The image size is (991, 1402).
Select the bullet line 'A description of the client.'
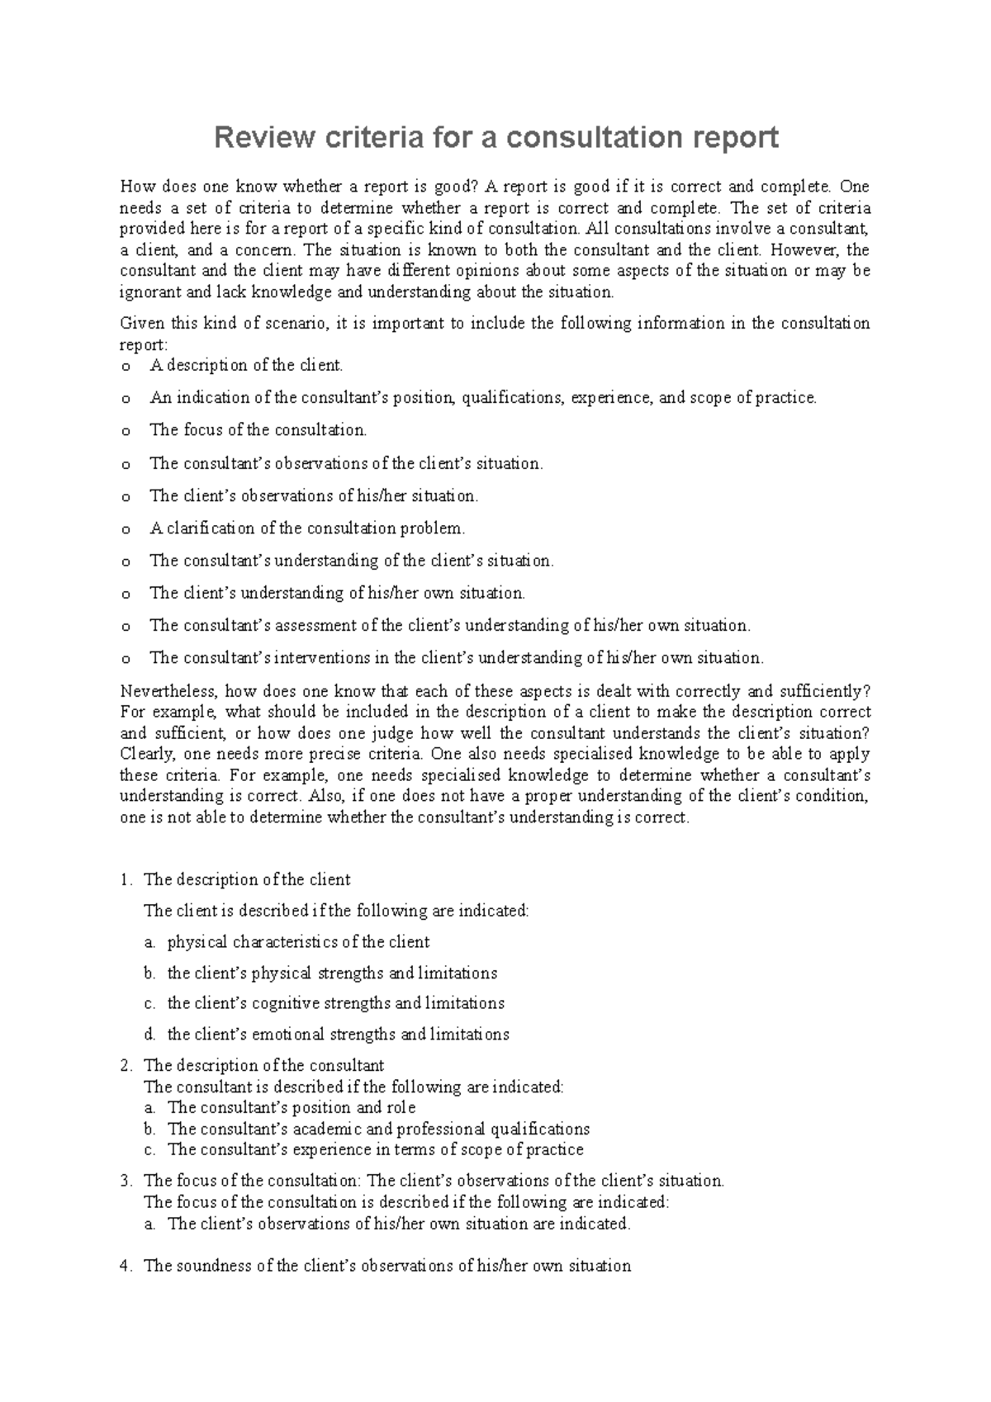(x=245, y=365)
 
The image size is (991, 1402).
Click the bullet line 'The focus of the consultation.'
(x=258, y=430)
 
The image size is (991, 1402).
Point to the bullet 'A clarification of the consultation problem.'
(x=307, y=528)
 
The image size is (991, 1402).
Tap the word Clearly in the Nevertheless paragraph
(x=144, y=754)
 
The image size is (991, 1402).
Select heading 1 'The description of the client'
(x=247, y=879)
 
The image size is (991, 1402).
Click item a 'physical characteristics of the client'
(x=298, y=942)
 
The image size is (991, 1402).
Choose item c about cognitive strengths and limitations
(x=335, y=1003)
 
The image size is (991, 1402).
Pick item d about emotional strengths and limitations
(x=338, y=1034)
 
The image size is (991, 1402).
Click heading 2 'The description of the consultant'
(x=263, y=1066)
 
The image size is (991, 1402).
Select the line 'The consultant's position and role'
(x=292, y=1108)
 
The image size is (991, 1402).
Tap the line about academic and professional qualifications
(x=378, y=1129)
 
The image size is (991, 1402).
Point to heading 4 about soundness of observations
(x=386, y=1266)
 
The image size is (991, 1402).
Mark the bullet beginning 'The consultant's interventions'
(x=456, y=658)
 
